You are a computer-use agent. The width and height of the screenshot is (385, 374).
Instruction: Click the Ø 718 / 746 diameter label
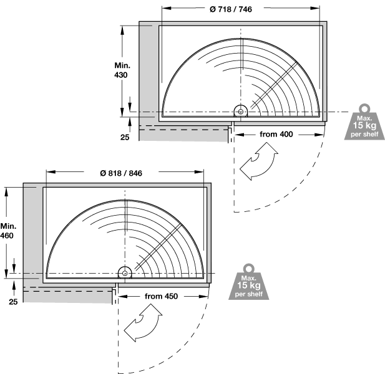click(x=231, y=9)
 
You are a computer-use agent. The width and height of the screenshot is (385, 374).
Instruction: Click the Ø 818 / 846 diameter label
click(x=121, y=173)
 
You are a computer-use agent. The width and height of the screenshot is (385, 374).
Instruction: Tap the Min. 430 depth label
click(x=122, y=70)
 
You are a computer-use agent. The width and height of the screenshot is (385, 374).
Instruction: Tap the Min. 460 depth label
click(x=8, y=231)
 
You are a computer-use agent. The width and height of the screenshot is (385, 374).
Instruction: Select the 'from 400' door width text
click(x=276, y=134)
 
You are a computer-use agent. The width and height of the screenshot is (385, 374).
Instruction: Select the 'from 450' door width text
click(x=162, y=296)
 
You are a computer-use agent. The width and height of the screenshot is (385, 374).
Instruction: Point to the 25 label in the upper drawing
click(x=125, y=137)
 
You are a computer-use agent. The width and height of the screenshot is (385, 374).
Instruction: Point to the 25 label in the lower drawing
click(x=13, y=302)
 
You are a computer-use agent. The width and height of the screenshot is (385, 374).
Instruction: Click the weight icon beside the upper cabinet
click(x=364, y=122)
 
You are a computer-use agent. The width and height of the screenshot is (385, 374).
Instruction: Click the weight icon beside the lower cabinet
click(x=249, y=282)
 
